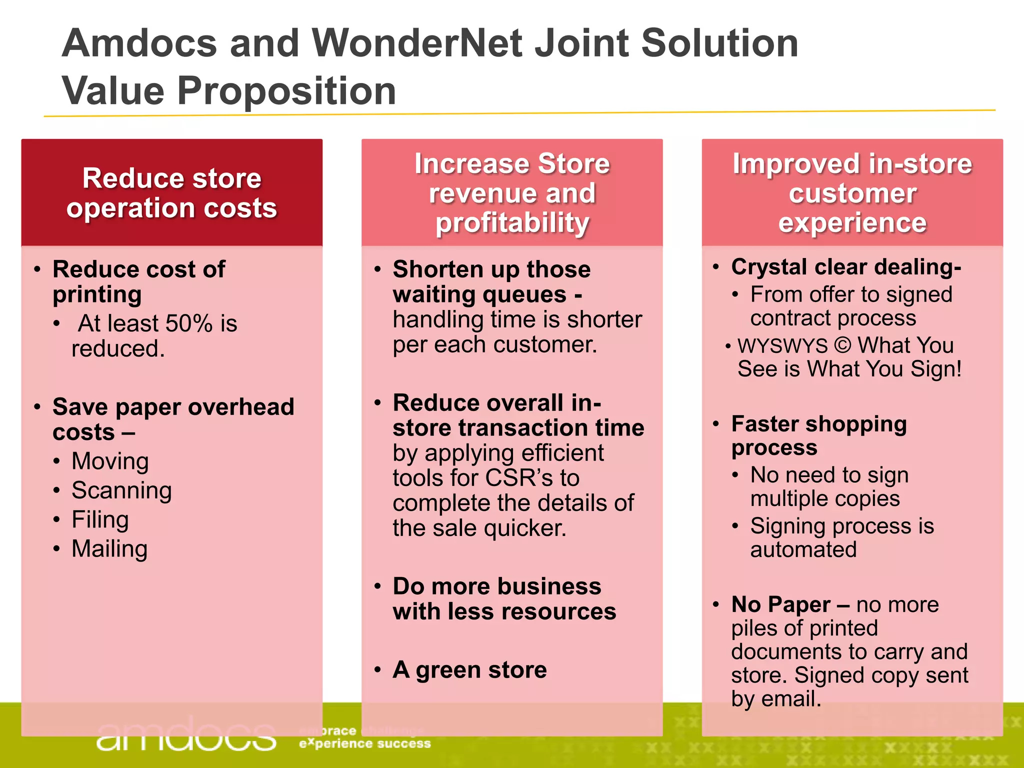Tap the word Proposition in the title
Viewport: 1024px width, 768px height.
(x=286, y=91)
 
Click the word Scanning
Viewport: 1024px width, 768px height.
(x=121, y=490)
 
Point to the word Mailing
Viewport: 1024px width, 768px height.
(x=109, y=549)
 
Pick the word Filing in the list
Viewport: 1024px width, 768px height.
(x=100, y=519)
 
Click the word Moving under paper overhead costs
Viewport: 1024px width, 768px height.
(x=110, y=461)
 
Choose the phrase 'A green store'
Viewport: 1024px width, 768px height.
(x=469, y=670)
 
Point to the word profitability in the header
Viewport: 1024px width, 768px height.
(x=512, y=222)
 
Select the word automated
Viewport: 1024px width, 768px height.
(x=803, y=549)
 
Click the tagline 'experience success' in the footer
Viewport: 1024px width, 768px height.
(x=364, y=744)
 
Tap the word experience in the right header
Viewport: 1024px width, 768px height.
(x=852, y=222)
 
